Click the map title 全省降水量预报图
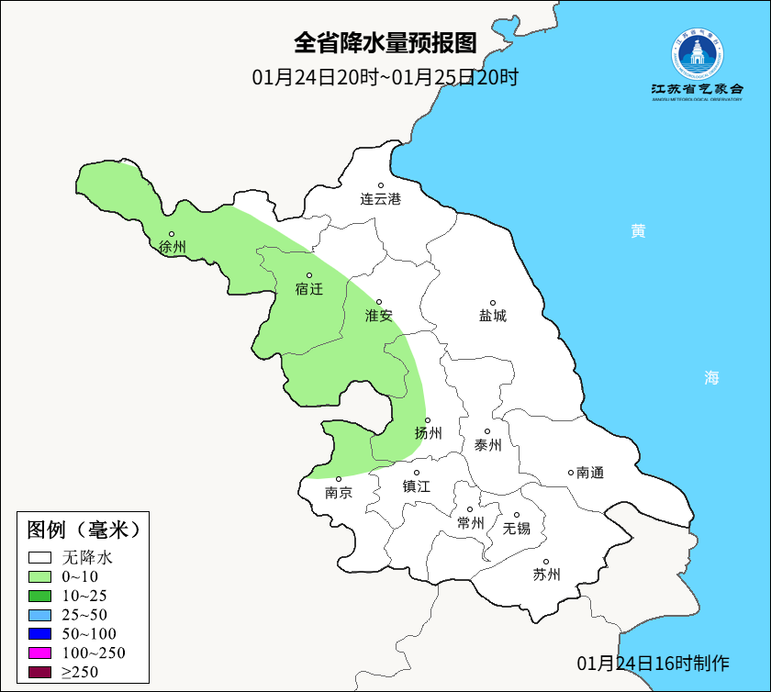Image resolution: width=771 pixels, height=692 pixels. [x=385, y=43]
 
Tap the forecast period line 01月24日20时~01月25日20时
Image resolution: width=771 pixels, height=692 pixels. [x=385, y=77]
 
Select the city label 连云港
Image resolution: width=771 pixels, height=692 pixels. [x=380, y=198]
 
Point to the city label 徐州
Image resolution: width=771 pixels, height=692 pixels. [x=172, y=247]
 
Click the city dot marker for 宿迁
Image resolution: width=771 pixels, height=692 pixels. [x=309, y=275]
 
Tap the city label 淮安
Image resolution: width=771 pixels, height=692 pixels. [x=379, y=316]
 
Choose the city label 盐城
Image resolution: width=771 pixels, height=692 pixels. [x=492, y=316]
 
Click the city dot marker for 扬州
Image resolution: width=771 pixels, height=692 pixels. [x=428, y=420]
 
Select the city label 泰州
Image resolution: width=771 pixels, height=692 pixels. [x=487, y=445]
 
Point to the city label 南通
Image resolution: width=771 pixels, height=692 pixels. [x=590, y=473]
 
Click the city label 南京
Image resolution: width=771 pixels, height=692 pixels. [x=339, y=492]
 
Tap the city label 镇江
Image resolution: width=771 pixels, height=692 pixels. [x=416, y=486]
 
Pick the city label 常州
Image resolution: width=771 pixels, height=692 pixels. [x=470, y=523]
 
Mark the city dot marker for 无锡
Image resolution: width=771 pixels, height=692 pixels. [x=517, y=515]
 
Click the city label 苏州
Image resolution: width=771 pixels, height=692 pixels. [x=546, y=575]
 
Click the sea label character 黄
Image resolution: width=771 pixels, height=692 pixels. [x=638, y=231]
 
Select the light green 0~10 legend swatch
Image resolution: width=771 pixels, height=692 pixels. [x=39, y=576]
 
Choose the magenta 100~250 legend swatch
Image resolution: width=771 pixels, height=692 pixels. [x=39, y=653]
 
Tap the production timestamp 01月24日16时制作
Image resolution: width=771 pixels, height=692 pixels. [x=653, y=663]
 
